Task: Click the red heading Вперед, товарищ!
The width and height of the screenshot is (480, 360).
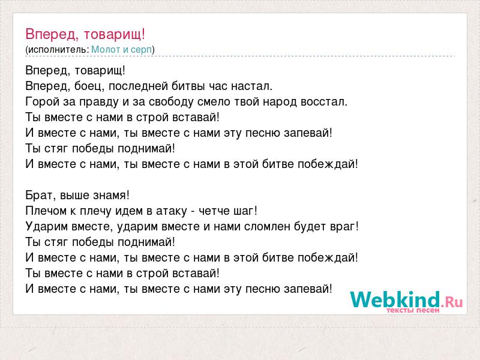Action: click(85, 34)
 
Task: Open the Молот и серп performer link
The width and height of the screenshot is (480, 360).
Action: click(122, 50)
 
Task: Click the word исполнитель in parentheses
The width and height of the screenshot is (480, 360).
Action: click(58, 50)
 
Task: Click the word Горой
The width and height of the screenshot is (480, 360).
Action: click(43, 101)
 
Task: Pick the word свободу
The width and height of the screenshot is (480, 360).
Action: click(171, 101)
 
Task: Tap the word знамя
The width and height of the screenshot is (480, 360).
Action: click(112, 196)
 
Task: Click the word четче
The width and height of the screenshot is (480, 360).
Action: click(214, 211)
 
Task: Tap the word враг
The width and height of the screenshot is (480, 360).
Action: click(344, 227)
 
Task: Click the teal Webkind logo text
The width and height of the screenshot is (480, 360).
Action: click(395, 299)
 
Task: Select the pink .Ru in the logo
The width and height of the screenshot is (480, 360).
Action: click(452, 302)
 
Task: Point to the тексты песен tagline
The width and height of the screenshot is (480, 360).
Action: click(413, 310)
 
